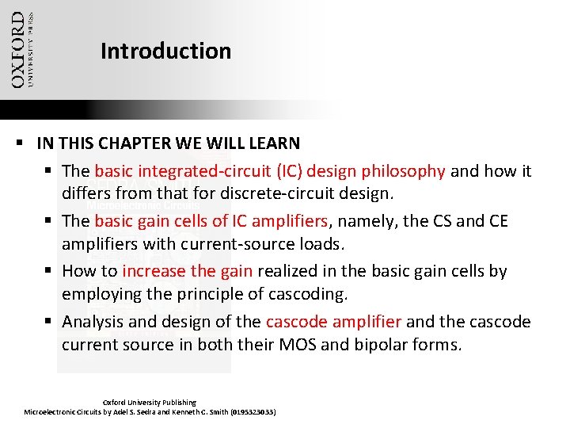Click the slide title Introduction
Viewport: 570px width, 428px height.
coord(165,52)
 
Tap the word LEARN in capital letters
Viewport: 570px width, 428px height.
coord(274,143)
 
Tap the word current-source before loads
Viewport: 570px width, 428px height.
coord(225,243)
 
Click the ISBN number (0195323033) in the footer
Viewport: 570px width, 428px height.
coord(248,412)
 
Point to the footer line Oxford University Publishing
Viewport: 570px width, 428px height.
coord(150,403)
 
